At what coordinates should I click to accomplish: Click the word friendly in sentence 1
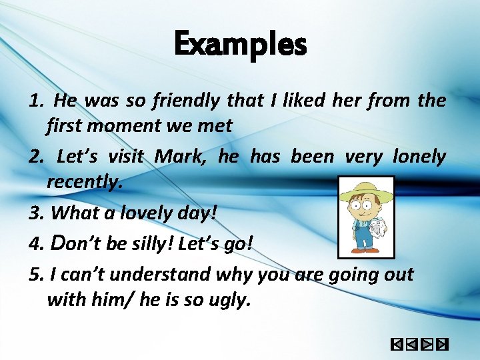click(x=185, y=101)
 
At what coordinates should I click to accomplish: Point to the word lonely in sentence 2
click(x=419, y=157)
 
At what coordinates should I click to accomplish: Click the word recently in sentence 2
click(x=84, y=181)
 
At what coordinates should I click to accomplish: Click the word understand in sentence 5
click(x=139, y=274)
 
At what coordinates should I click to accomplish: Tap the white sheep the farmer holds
click(x=377, y=228)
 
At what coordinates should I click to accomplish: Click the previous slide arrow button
click(x=411, y=345)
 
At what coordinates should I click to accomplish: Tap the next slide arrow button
click(x=427, y=345)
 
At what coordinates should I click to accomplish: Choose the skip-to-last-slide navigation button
click(x=441, y=345)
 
